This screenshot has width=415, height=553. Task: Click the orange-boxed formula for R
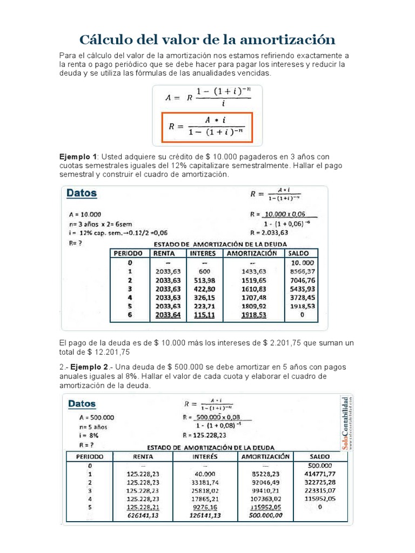pyautogui.click(x=207, y=127)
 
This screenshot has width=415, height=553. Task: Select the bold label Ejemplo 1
pyautogui.click(x=78, y=156)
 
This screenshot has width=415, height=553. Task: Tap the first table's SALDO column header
pyautogui.click(x=298, y=253)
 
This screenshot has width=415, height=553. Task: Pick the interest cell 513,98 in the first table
pyautogui.click(x=203, y=280)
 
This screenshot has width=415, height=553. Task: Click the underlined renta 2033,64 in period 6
pyautogui.click(x=167, y=315)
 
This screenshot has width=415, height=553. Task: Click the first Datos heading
pyautogui.click(x=82, y=193)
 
